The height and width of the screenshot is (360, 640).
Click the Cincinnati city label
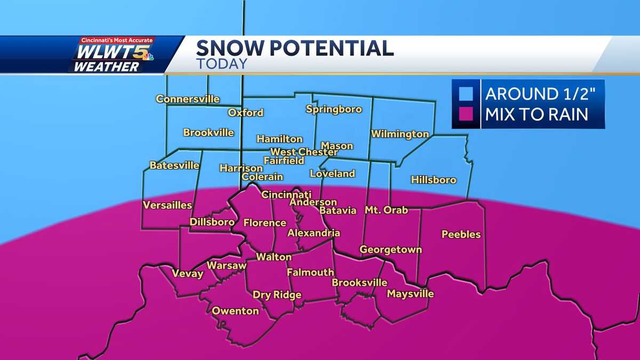(x=286, y=195)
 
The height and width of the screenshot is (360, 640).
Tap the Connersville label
(x=188, y=99)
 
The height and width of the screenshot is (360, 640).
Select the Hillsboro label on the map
(x=434, y=180)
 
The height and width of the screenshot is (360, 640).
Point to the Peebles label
(x=461, y=234)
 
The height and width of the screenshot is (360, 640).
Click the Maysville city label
(x=410, y=294)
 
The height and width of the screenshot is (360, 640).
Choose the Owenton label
(x=235, y=310)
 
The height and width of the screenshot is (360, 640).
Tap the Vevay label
(x=187, y=274)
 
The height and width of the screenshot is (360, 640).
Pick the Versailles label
(x=167, y=205)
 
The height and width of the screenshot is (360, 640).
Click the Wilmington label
(x=400, y=134)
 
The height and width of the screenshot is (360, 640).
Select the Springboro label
(x=334, y=109)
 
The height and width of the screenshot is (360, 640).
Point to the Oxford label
(x=245, y=113)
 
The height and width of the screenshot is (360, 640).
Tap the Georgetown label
(x=390, y=249)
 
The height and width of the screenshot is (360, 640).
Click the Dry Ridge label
(x=277, y=295)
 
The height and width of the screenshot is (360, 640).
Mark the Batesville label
(x=174, y=165)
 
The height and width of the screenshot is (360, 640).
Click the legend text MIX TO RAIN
(x=537, y=114)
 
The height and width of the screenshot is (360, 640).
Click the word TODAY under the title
(x=221, y=63)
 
